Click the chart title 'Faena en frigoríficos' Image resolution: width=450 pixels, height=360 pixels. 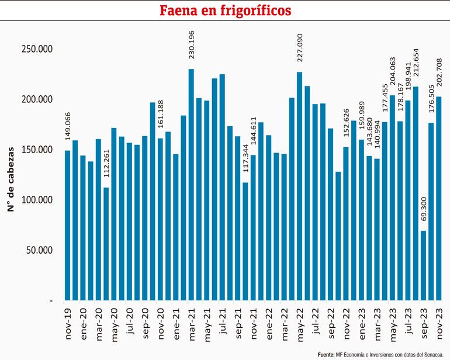[x=225, y=11]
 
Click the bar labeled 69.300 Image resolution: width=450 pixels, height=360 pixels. [x=423, y=265]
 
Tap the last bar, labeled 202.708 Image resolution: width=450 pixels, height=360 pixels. [x=438, y=198]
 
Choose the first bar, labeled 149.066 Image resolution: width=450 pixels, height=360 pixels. [x=67, y=225]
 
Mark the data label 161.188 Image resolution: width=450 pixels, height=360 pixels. [x=160, y=119]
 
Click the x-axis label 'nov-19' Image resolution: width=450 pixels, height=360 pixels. [x=68, y=323]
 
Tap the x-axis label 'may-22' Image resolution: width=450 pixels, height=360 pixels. [x=299, y=323]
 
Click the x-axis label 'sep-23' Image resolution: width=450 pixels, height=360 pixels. [x=423, y=323]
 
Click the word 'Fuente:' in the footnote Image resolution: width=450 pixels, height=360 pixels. [x=326, y=354]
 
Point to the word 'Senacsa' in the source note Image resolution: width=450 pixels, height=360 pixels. [x=434, y=354]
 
